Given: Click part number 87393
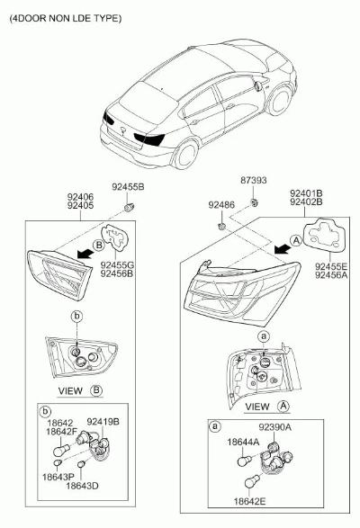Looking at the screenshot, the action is tap(253, 180).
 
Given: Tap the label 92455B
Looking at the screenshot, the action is tap(128, 187).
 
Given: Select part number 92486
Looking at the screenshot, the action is tap(221, 205).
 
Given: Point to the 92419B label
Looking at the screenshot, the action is tap(103, 422).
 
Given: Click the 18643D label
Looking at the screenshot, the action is tap(82, 486).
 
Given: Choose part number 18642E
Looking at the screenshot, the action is tap(250, 501).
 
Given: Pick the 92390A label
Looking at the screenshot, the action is tap(275, 427).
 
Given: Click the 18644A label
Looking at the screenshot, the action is tap(243, 443).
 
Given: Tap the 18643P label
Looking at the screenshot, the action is tap(58, 477).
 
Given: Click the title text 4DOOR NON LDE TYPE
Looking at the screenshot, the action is tap(66, 18).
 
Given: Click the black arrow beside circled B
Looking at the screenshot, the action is tap(85, 253).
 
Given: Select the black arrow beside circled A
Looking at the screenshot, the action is tap(282, 249).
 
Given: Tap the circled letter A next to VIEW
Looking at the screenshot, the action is tap(283, 407).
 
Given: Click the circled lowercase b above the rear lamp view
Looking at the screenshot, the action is tap(77, 317).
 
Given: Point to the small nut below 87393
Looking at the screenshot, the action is tap(253, 202).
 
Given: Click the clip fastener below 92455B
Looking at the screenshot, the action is tap(129, 207).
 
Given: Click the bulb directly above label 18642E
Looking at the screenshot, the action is tap(253, 481).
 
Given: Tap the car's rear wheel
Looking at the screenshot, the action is tap(185, 155).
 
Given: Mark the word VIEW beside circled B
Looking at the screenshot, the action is tap(70, 390).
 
